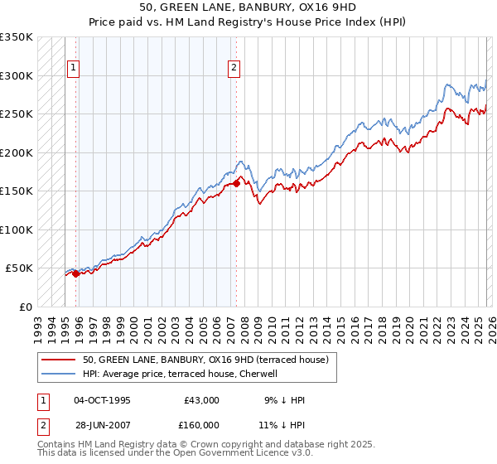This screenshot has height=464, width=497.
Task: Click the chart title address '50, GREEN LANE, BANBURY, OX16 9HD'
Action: pos(248,7)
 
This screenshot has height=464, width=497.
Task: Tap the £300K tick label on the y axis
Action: pos(17,75)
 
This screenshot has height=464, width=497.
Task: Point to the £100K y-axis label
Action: pos(17,230)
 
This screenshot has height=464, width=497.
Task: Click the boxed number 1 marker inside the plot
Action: pos(74,68)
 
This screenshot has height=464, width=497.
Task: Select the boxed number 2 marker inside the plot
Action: pos(234,68)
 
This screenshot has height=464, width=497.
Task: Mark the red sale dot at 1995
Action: pos(75,273)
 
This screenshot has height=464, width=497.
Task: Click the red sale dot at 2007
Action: pos(236,184)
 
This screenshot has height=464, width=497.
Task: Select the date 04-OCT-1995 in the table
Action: pos(102,400)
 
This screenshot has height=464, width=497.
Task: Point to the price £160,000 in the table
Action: pos(201,425)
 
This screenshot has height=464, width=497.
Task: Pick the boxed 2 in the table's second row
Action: pos(41,425)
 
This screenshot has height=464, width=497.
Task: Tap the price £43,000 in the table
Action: pos(201,400)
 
